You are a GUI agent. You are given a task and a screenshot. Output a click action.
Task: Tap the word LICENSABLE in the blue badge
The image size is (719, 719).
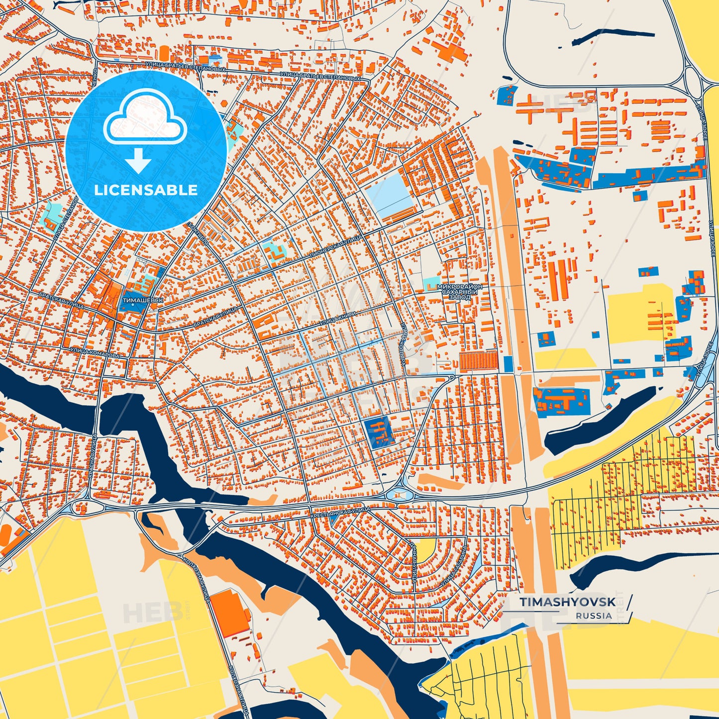146,190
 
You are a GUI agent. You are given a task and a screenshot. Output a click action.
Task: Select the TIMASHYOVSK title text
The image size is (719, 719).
568,602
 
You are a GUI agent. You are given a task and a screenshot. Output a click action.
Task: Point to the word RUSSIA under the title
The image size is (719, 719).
594,616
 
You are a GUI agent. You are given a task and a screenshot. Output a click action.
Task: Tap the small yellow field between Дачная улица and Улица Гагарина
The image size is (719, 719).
425,550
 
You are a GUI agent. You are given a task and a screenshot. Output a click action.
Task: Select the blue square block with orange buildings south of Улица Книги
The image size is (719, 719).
379,431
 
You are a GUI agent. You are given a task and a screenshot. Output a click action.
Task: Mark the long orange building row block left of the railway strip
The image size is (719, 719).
478,360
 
